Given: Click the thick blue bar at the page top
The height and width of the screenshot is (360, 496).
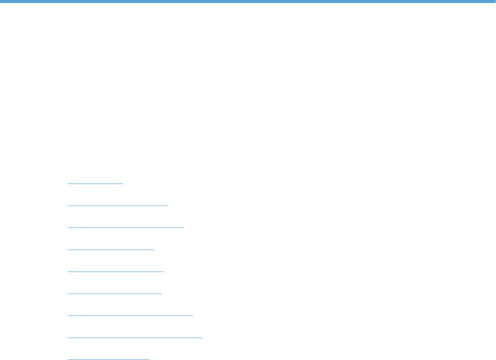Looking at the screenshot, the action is click(248, 1).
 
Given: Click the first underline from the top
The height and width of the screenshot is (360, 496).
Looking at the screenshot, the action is click(95, 183).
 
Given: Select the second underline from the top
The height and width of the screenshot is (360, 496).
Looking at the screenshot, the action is click(118, 205).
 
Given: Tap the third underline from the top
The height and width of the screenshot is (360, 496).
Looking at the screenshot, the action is click(126, 227).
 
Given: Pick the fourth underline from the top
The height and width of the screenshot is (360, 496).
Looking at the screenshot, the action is click(111, 249).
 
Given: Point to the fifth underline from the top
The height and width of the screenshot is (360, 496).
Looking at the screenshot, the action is click(115, 271).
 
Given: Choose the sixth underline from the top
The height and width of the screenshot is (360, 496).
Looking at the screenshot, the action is click(115, 293).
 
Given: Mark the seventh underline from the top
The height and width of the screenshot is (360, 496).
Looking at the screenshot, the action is click(130, 315).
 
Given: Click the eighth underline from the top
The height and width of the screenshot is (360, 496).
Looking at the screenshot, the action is click(135, 337).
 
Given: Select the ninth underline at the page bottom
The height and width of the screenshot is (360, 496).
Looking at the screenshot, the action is click(109, 359).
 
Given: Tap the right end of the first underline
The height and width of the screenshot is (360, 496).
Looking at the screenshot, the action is click(122, 183).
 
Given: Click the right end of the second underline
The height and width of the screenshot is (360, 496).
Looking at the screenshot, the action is click(168, 205).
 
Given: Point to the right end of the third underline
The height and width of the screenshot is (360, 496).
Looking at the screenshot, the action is click(184, 227).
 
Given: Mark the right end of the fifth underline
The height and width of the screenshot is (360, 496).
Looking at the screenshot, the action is click(163, 271).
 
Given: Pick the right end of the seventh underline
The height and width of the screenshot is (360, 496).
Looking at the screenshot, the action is click(192, 315).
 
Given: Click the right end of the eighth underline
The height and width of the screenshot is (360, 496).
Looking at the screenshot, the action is click(202, 337).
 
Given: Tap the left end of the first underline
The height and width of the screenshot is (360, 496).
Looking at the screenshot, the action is click(68, 183).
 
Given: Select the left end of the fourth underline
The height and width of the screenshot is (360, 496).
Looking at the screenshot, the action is click(68, 249).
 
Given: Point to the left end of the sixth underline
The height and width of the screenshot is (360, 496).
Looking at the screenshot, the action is click(68, 293).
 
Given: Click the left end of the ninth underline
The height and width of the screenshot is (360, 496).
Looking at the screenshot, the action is click(68, 359).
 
